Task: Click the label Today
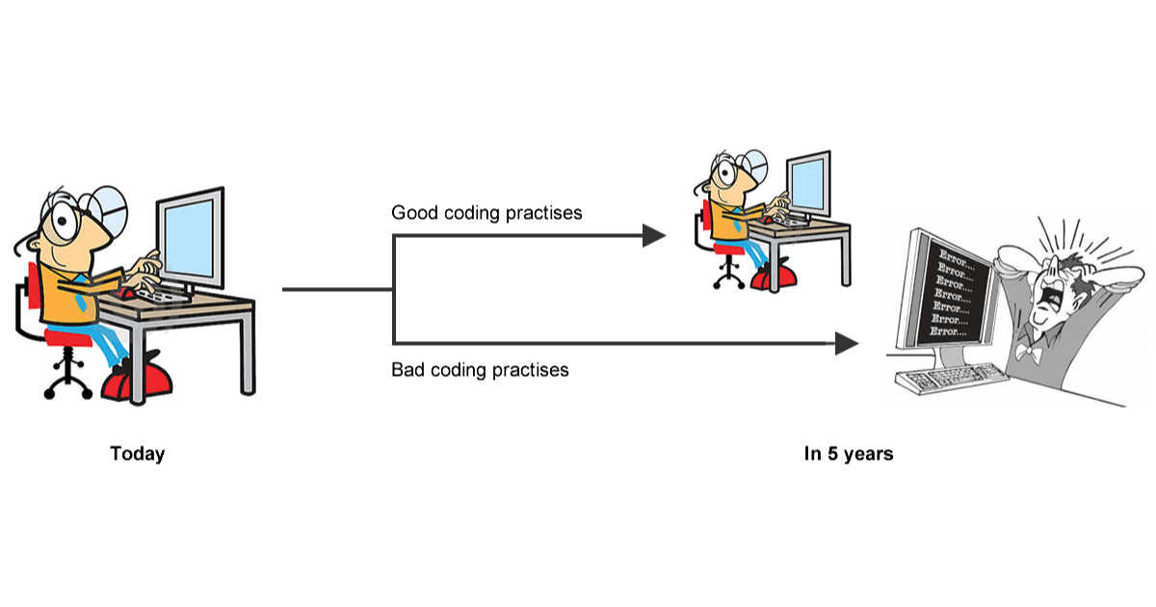137,454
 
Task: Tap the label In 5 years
848,454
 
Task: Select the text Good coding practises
486,212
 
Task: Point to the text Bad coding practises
480,369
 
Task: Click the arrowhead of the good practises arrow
655,235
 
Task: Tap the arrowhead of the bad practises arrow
847,343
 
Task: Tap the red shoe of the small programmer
775,277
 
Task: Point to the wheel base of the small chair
727,277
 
